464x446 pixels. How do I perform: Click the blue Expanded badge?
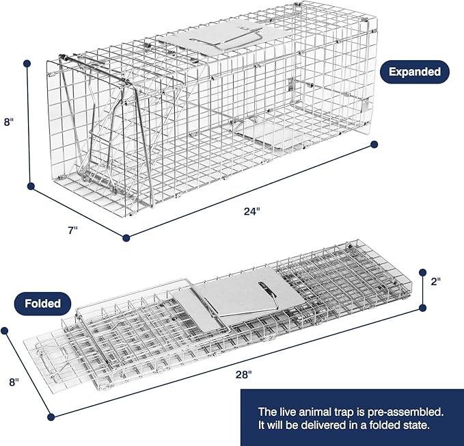[x=415, y=70]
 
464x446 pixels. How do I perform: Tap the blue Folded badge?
[x=43, y=302]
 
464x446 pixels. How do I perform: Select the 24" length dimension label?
[x=252, y=211]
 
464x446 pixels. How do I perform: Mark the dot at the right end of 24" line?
[x=374, y=144]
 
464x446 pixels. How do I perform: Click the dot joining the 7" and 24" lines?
[x=126, y=238]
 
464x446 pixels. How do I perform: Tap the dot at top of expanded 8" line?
[x=27, y=64]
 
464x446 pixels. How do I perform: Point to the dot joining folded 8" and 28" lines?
[x=50, y=417]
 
